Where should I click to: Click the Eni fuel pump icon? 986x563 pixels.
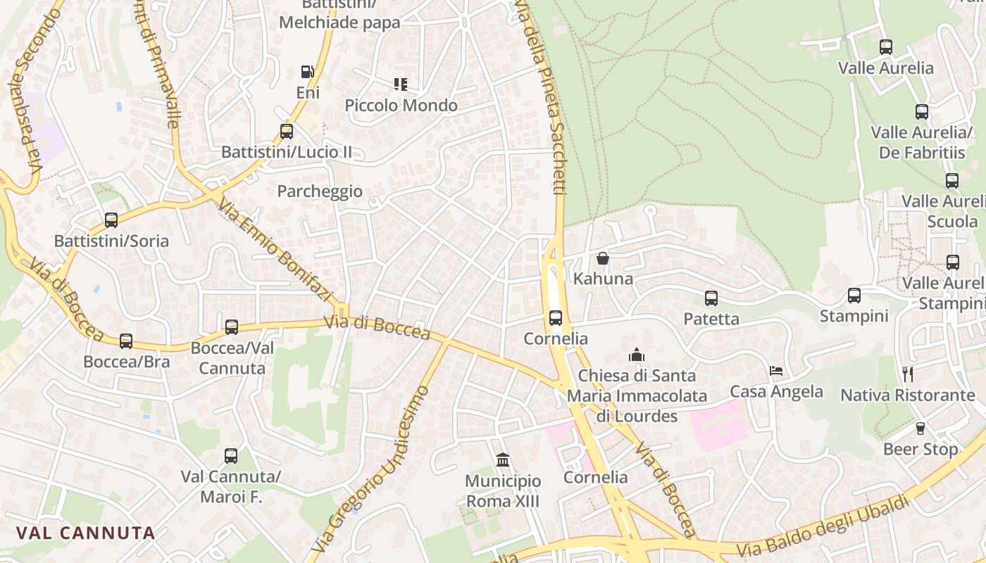307,71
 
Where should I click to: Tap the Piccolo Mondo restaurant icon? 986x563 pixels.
401,84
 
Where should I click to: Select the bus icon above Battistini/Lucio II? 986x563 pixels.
287,131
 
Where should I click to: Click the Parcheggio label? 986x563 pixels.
320,191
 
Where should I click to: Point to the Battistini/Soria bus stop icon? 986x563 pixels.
111,220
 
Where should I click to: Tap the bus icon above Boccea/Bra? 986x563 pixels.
126,341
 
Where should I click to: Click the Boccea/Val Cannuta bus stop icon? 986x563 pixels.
232,327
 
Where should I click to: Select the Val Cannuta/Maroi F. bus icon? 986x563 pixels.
231,456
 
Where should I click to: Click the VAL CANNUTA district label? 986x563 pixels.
85,533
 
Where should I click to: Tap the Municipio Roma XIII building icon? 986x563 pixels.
503,460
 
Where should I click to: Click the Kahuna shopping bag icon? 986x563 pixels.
602,258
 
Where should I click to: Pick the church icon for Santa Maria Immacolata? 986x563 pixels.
637,355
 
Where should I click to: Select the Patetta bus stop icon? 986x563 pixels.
711,298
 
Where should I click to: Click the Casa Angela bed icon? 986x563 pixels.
776,371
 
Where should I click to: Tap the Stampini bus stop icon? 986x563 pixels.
854,296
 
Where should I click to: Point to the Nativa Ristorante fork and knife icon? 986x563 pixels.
908,374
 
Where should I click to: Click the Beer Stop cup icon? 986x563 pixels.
920,429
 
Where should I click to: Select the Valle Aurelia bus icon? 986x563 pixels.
886,47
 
